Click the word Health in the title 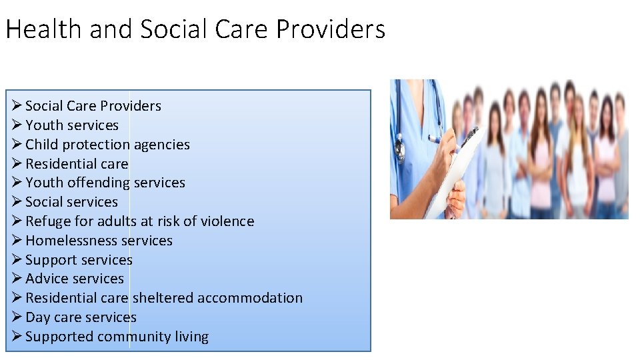point(41,30)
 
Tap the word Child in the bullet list point(41,145)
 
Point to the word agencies point(162,145)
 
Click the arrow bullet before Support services point(17,259)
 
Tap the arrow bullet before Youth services point(17,125)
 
